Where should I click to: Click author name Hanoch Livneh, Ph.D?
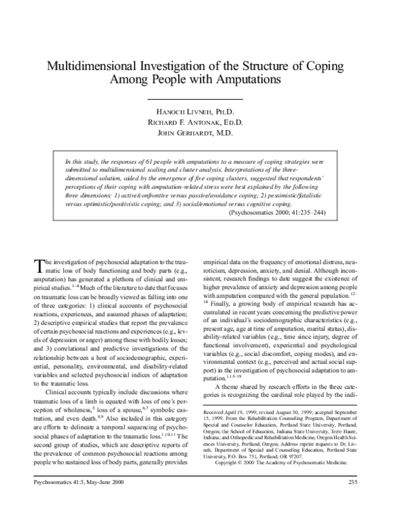click(x=201, y=111)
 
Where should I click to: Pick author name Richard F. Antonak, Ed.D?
click(x=201, y=123)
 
